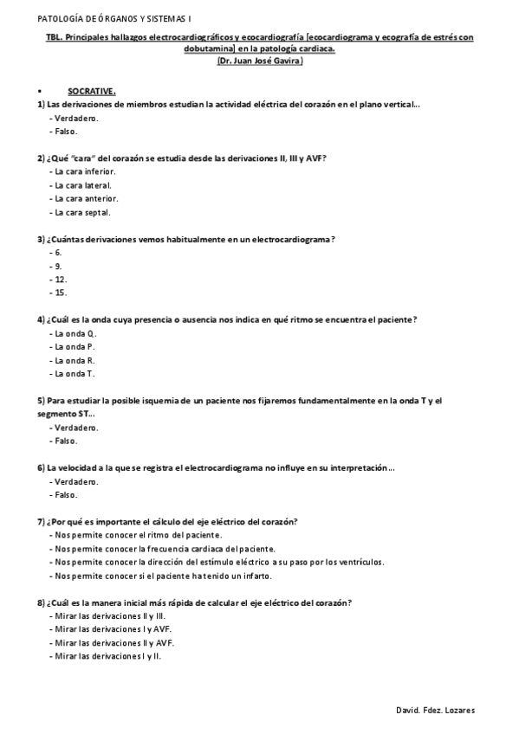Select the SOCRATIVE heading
coord(92,90)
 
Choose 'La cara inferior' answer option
coord(85,171)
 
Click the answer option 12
coord(61,280)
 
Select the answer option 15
coord(61,293)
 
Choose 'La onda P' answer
coord(75,347)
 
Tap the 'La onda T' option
coord(75,374)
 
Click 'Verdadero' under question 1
coord(76,118)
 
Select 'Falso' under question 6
coord(66,495)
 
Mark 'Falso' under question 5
coord(66,441)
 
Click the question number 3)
coord(41,239)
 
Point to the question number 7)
coord(41,522)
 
